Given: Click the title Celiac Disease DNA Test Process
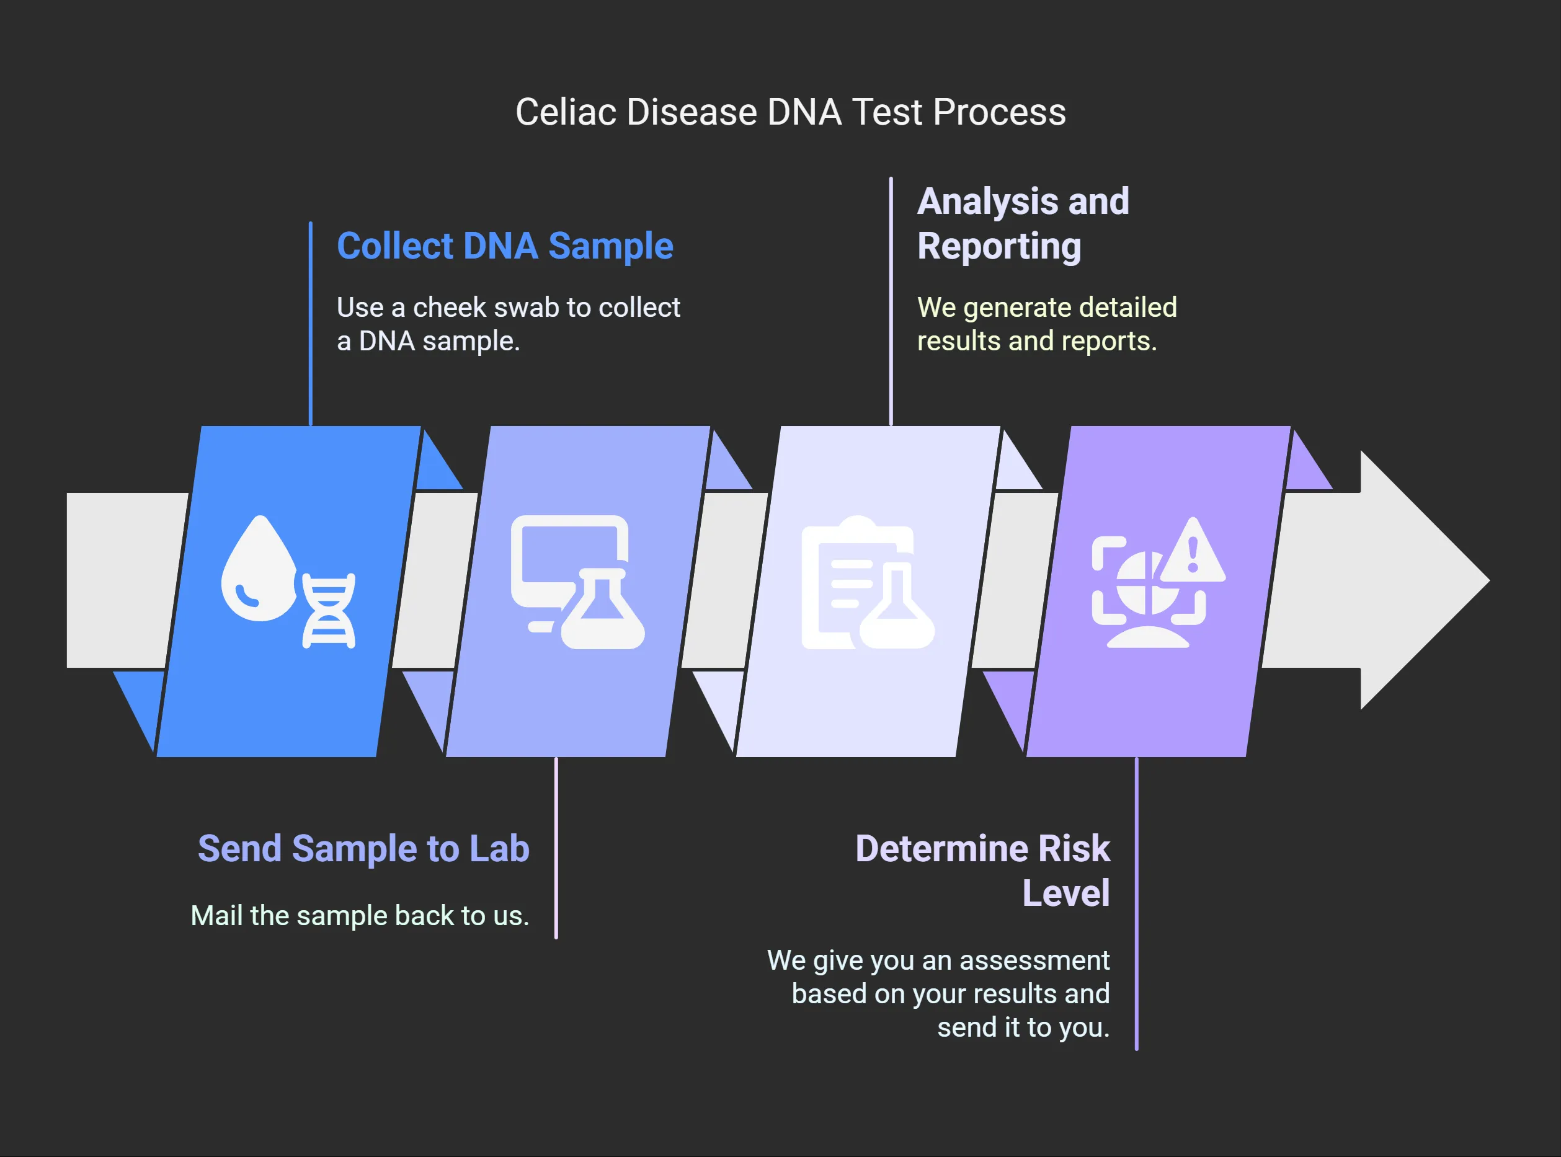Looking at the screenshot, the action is pyautogui.click(x=791, y=112).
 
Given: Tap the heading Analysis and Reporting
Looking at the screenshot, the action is pyautogui.click(x=1023, y=223).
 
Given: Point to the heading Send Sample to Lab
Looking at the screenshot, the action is pyautogui.click(x=363, y=848).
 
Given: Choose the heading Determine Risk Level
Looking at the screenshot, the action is pyautogui.click(x=982, y=871).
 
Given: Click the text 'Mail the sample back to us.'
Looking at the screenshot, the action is pyautogui.click(x=360, y=915).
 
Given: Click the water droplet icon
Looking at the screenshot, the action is pyautogui.click(x=259, y=568).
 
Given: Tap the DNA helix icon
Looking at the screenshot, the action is pyautogui.click(x=329, y=610).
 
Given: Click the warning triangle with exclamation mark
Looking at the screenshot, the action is pyautogui.click(x=1193, y=551).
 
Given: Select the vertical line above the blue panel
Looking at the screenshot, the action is pyautogui.click(x=310, y=324).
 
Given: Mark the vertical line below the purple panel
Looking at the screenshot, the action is pyautogui.click(x=1136, y=903).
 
